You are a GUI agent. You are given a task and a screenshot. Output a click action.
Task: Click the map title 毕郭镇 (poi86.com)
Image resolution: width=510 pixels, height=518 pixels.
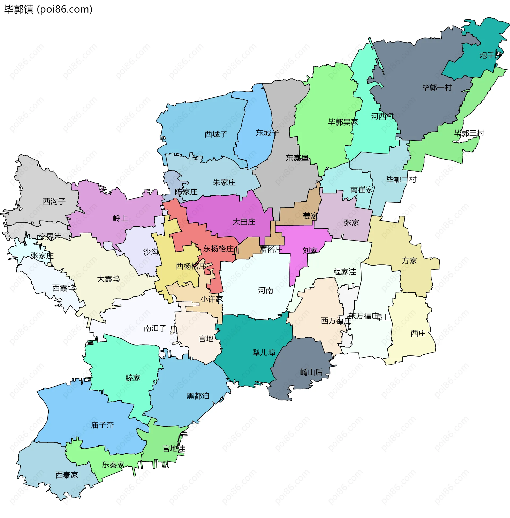48,9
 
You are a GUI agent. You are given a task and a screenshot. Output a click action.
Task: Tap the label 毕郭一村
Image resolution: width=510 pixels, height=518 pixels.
437,88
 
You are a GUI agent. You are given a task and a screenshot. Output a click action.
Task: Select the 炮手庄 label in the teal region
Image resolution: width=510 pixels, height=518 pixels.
490,55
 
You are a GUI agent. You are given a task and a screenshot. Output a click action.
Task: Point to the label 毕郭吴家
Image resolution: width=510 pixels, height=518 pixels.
343,122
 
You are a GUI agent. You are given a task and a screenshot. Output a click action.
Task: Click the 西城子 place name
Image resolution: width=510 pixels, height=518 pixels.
216,134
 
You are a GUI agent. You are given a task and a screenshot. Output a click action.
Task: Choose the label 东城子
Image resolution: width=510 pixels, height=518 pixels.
267,133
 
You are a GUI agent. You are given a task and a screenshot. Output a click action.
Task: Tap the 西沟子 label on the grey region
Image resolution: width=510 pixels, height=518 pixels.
54,201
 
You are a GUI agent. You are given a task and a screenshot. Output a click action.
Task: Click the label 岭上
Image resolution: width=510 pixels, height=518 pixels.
120,218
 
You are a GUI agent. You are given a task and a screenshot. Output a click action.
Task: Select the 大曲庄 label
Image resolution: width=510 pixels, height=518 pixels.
244,222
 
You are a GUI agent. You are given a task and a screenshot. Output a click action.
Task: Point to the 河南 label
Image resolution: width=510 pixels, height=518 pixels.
265,291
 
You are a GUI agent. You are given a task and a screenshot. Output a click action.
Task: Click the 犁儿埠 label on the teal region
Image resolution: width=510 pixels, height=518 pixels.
264,353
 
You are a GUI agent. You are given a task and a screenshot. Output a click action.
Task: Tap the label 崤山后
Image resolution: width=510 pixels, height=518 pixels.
311,372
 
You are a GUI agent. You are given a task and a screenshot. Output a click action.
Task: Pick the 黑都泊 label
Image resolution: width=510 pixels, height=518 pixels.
198,396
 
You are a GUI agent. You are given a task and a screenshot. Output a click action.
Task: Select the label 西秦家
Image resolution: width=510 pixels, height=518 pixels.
66,475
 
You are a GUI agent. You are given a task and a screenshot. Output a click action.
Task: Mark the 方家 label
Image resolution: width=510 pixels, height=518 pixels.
409,261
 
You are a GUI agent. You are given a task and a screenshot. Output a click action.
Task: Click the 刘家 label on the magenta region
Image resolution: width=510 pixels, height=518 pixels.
310,251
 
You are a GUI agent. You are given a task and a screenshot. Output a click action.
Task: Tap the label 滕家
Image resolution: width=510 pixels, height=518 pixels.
133,378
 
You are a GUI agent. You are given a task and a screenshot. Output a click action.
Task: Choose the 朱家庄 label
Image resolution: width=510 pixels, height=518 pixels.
224,183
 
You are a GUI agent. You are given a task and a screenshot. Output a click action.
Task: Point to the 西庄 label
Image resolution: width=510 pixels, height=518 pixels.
418,333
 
